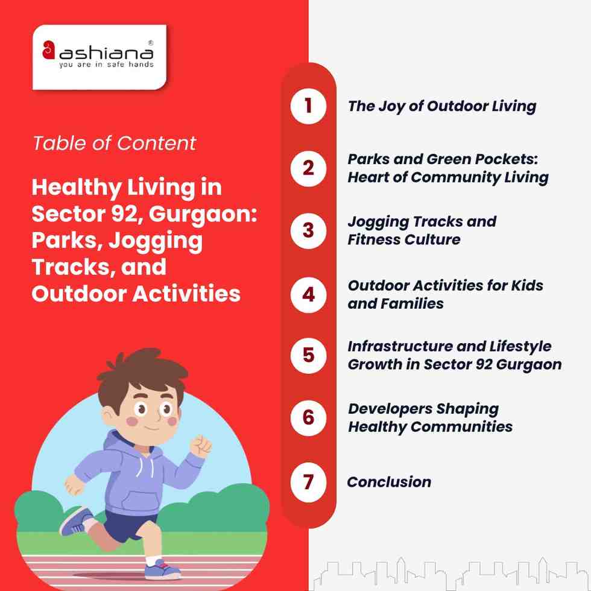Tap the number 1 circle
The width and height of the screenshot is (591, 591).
[308, 107]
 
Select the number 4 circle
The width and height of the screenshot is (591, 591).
[308, 294]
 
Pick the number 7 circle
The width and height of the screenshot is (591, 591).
[308, 482]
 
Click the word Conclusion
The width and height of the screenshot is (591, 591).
[389, 482]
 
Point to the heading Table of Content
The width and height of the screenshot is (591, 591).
[114, 143]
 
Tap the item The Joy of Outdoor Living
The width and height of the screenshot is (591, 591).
[441, 107]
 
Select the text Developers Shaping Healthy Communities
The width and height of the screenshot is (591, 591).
[430, 417]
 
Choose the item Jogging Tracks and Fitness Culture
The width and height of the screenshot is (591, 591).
[422, 230]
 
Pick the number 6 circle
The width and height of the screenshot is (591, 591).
[308, 417]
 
